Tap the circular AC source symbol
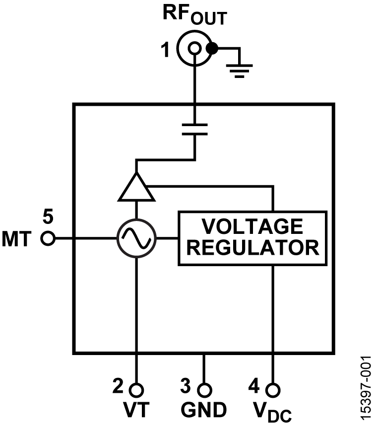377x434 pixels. click(x=136, y=238)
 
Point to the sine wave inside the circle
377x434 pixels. click(x=136, y=238)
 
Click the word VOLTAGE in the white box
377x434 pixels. click(x=252, y=227)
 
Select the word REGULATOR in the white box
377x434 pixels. click(x=252, y=248)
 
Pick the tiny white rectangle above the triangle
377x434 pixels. click(x=194, y=130)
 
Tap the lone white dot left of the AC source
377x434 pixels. click(x=48, y=238)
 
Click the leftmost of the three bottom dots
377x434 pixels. click(x=136, y=390)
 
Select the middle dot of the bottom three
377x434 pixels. click(x=204, y=390)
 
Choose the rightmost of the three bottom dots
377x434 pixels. click(x=273, y=390)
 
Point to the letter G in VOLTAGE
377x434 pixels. click(x=280, y=227)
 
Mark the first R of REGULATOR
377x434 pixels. click(x=193, y=248)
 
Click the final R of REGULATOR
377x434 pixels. click(x=312, y=248)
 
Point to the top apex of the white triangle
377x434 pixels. click(x=136, y=177)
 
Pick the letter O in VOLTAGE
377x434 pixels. click(x=226, y=227)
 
